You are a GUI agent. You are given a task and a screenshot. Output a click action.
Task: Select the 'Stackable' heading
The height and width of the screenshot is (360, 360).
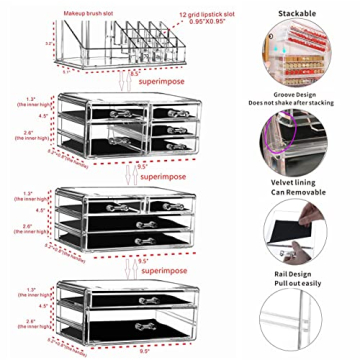pos(297,13)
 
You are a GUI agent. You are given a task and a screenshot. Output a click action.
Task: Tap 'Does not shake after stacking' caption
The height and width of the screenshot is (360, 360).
pos(299,102)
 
